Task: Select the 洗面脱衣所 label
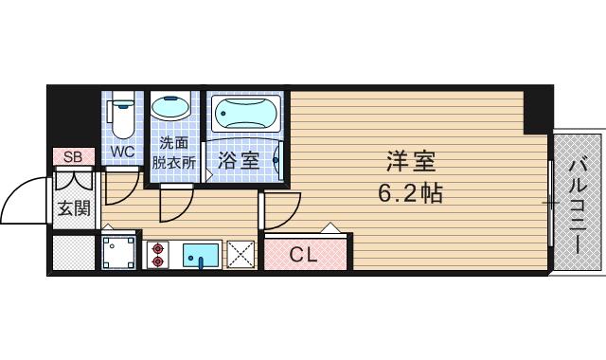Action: point(172,153)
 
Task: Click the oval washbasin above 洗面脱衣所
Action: point(171,109)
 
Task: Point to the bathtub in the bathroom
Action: point(246,117)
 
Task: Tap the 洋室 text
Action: point(410,161)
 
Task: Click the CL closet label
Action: point(303,253)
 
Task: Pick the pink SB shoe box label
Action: point(72,156)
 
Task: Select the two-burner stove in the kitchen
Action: point(157,254)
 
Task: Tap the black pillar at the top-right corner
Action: point(538,110)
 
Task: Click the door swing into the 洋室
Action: point(280,210)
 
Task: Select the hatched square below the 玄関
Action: point(72,253)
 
